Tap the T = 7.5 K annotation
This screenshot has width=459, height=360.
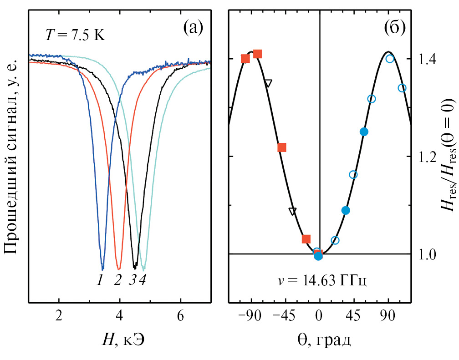[x=75, y=35]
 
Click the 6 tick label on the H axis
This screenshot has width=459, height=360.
[x=181, y=314]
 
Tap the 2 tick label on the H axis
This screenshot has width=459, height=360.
[x=59, y=314]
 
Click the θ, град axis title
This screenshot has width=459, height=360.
[x=320, y=340]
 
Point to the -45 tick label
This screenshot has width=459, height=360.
[x=283, y=314]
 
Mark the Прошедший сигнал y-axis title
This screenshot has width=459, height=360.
[x=13, y=157]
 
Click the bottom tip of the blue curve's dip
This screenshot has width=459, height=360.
[x=102, y=269]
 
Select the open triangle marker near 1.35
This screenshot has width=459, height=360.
[x=268, y=83]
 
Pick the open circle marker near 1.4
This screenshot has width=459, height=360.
[x=390, y=59]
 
